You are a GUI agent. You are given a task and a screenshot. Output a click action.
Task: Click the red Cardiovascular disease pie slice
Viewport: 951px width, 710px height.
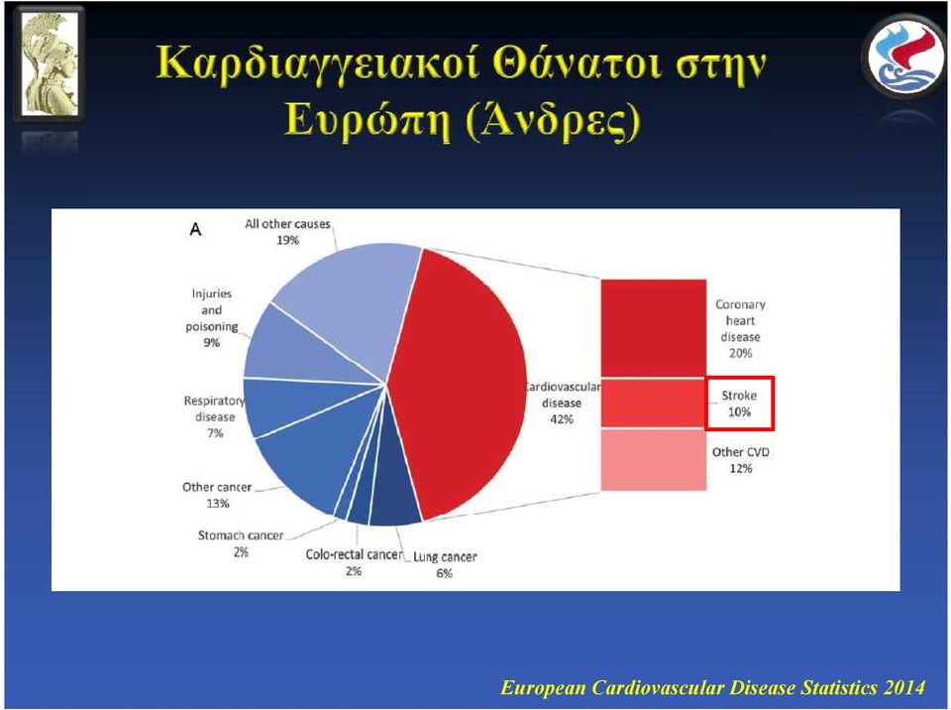(x=461, y=383)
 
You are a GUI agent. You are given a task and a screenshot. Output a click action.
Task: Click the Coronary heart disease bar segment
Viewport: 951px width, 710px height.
(x=653, y=328)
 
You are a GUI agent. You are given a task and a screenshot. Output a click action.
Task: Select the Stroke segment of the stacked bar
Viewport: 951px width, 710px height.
(x=653, y=403)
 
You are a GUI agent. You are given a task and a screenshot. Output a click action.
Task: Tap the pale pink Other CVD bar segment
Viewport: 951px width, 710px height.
(x=653, y=459)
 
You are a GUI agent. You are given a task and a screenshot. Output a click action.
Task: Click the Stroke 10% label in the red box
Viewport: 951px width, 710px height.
(x=739, y=404)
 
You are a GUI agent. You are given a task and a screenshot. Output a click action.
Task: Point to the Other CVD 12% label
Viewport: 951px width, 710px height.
(x=741, y=460)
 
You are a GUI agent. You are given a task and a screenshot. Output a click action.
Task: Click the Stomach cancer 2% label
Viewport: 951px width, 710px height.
(x=241, y=543)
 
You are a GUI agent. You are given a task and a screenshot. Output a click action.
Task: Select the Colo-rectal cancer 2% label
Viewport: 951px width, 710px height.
(x=354, y=562)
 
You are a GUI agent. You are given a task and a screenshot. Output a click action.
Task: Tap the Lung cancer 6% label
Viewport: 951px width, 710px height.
(x=445, y=564)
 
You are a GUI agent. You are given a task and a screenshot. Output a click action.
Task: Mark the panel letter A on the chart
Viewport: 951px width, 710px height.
(x=195, y=230)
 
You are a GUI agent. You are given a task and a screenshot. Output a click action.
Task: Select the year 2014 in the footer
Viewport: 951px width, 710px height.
(x=903, y=687)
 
